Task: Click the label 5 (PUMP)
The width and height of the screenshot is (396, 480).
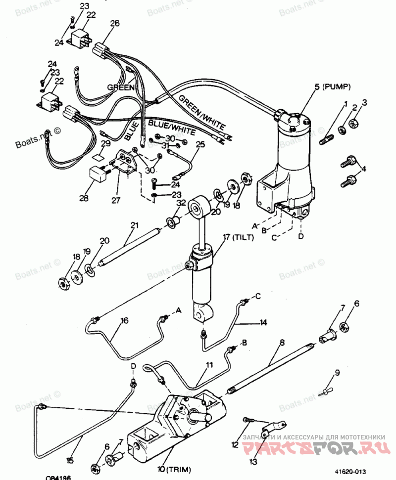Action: coord(332,87)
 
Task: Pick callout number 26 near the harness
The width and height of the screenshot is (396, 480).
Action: coord(115,23)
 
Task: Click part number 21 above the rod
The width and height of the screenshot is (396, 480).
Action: coord(134,226)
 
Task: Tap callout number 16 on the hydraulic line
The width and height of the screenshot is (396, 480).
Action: coord(124,320)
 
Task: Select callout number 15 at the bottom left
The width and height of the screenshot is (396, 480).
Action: coord(70,460)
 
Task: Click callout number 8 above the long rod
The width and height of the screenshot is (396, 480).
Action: coord(282,342)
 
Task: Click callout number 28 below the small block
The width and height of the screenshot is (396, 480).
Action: coord(84,199)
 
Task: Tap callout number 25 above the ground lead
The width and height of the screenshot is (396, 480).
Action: coord(200,145)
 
